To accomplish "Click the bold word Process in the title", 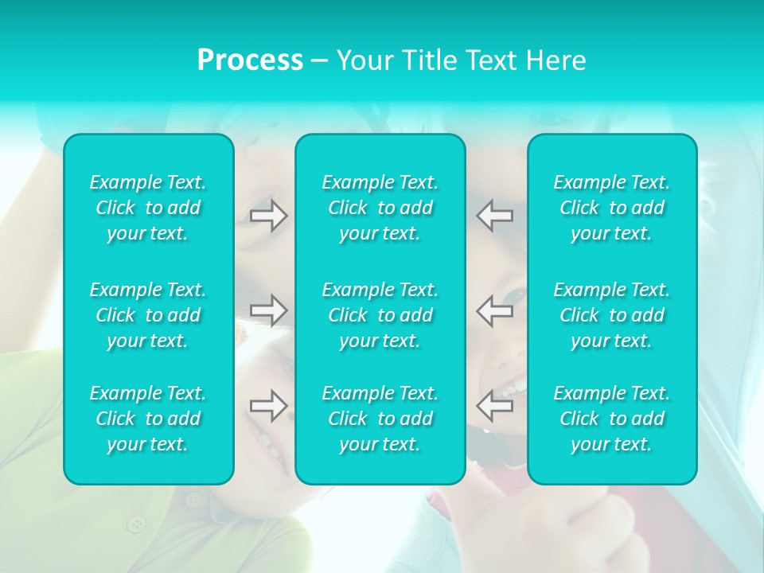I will coord(250,60).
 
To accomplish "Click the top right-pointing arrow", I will coord(269,216).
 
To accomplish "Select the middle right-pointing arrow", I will coord(269,310).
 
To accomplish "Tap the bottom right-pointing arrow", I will coord(269,405).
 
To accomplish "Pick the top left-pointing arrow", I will coord(495,216).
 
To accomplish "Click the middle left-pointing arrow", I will coord(495,310).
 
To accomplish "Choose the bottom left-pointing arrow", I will coord(495,405).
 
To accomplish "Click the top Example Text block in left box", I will coord(148,208).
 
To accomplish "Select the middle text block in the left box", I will coord(148,315).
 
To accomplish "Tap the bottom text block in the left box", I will coord(148,419).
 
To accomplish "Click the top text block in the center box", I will coord(380,208).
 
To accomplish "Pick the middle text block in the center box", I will coord(380,315).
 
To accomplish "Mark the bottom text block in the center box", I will coord(380,419).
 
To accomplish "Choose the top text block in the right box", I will coord(612,208).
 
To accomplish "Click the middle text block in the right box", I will coord(612,315).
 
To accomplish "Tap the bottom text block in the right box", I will coord(612,419).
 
